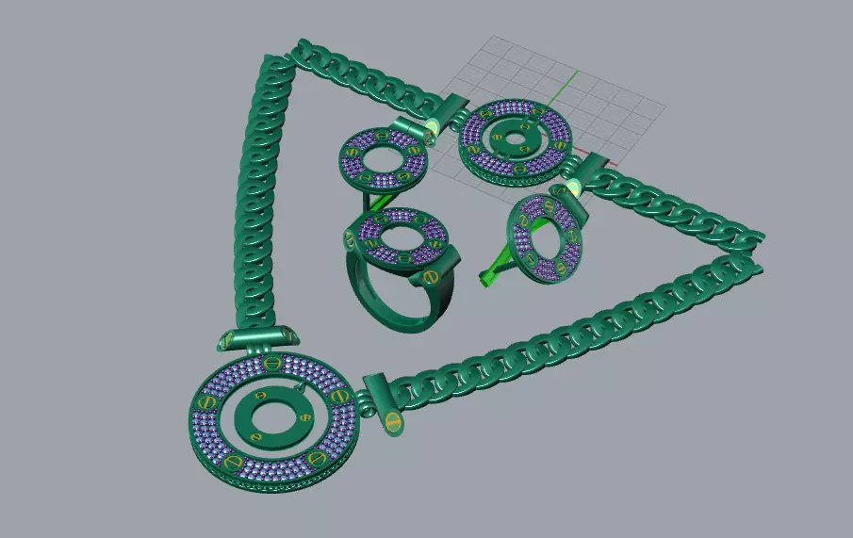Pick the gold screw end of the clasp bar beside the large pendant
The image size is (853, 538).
pos(392,424)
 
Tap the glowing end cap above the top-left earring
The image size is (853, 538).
pos(431,128)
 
